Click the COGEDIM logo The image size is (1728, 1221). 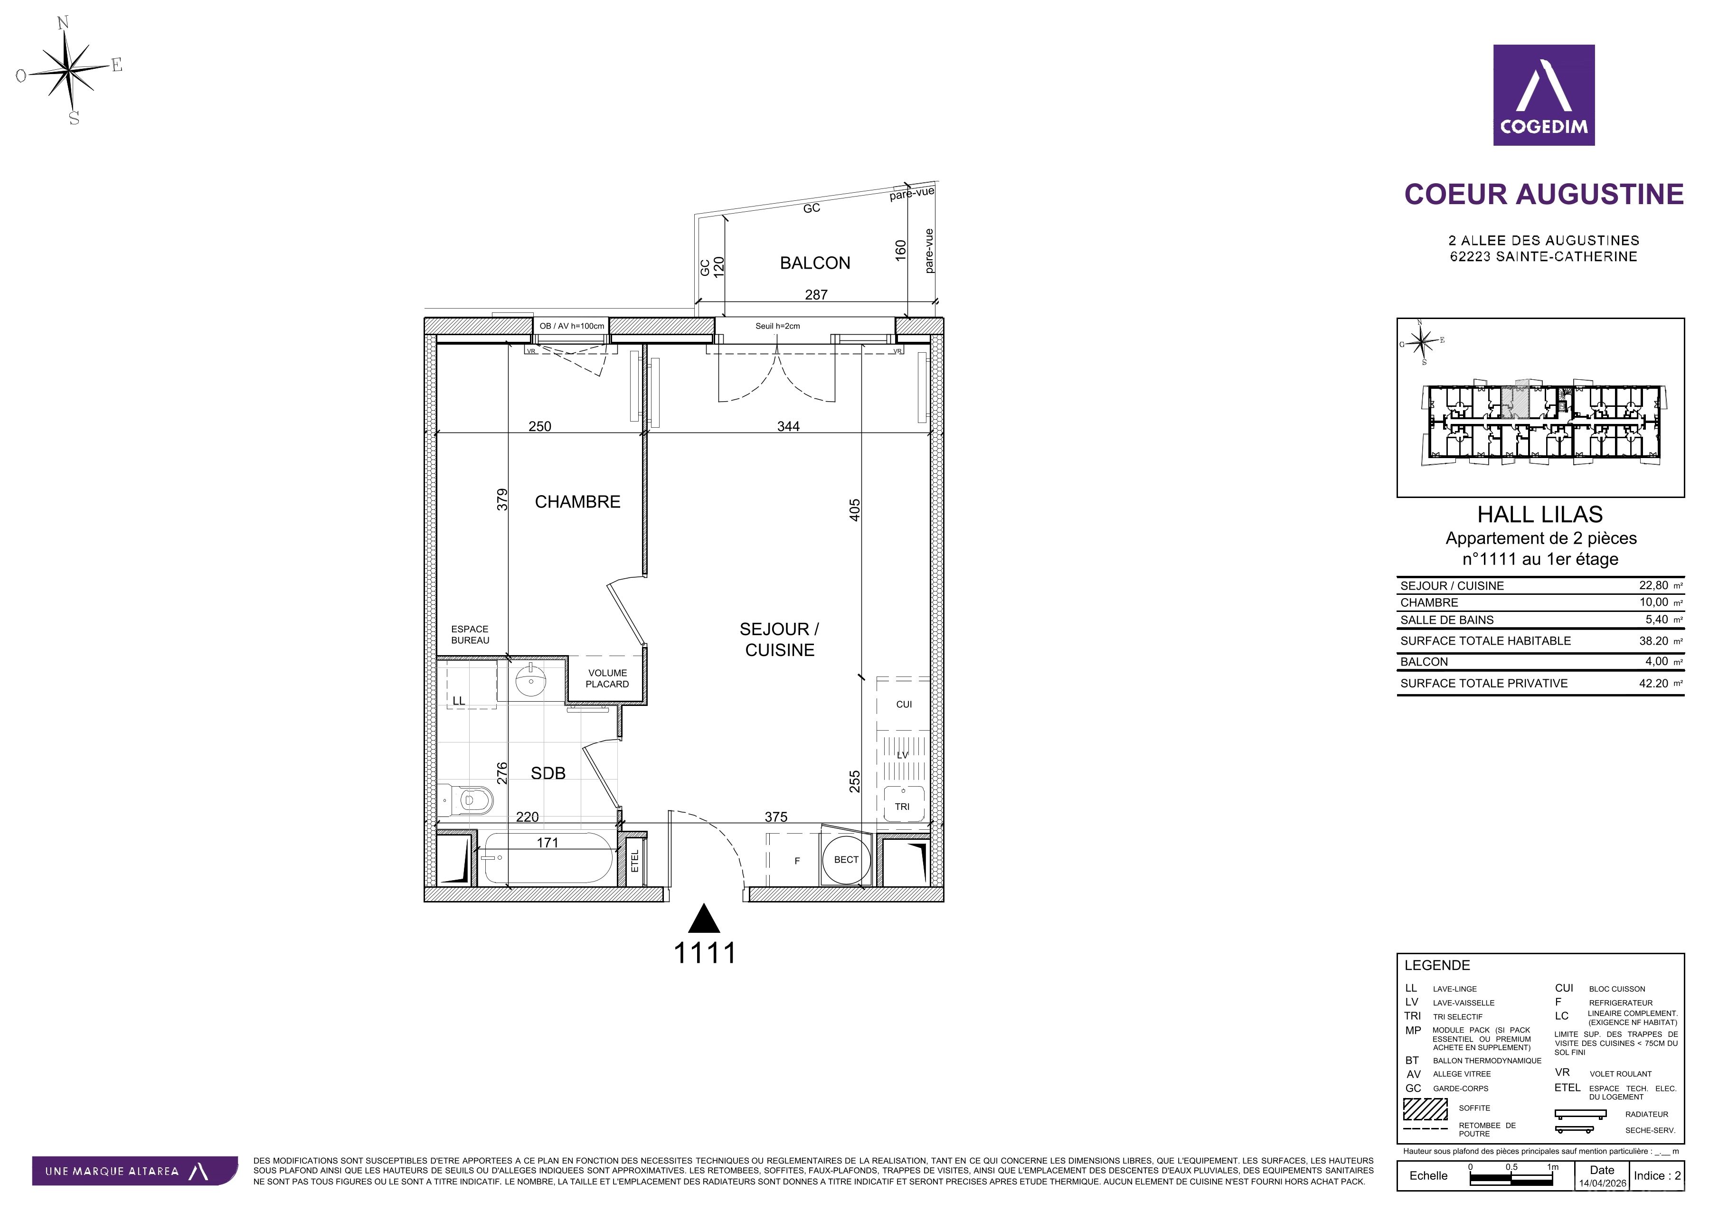coord(1544,95)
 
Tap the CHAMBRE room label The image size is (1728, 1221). coord(577,502)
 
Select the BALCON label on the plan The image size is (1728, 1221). coord(815,263)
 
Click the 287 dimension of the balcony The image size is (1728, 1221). coord(816,295)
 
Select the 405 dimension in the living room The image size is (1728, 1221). coord(854,510)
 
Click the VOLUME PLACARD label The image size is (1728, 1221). coord(607,678)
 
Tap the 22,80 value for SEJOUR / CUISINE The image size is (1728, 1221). coord(1653,585)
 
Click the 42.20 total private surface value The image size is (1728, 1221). coord(1653,683)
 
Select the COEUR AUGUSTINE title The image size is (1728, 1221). coord(1544,194)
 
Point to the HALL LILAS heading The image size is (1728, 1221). coord(1540,515)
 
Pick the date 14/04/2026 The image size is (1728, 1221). coord(1602,1183)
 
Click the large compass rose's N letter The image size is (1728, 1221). coord(63,23)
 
